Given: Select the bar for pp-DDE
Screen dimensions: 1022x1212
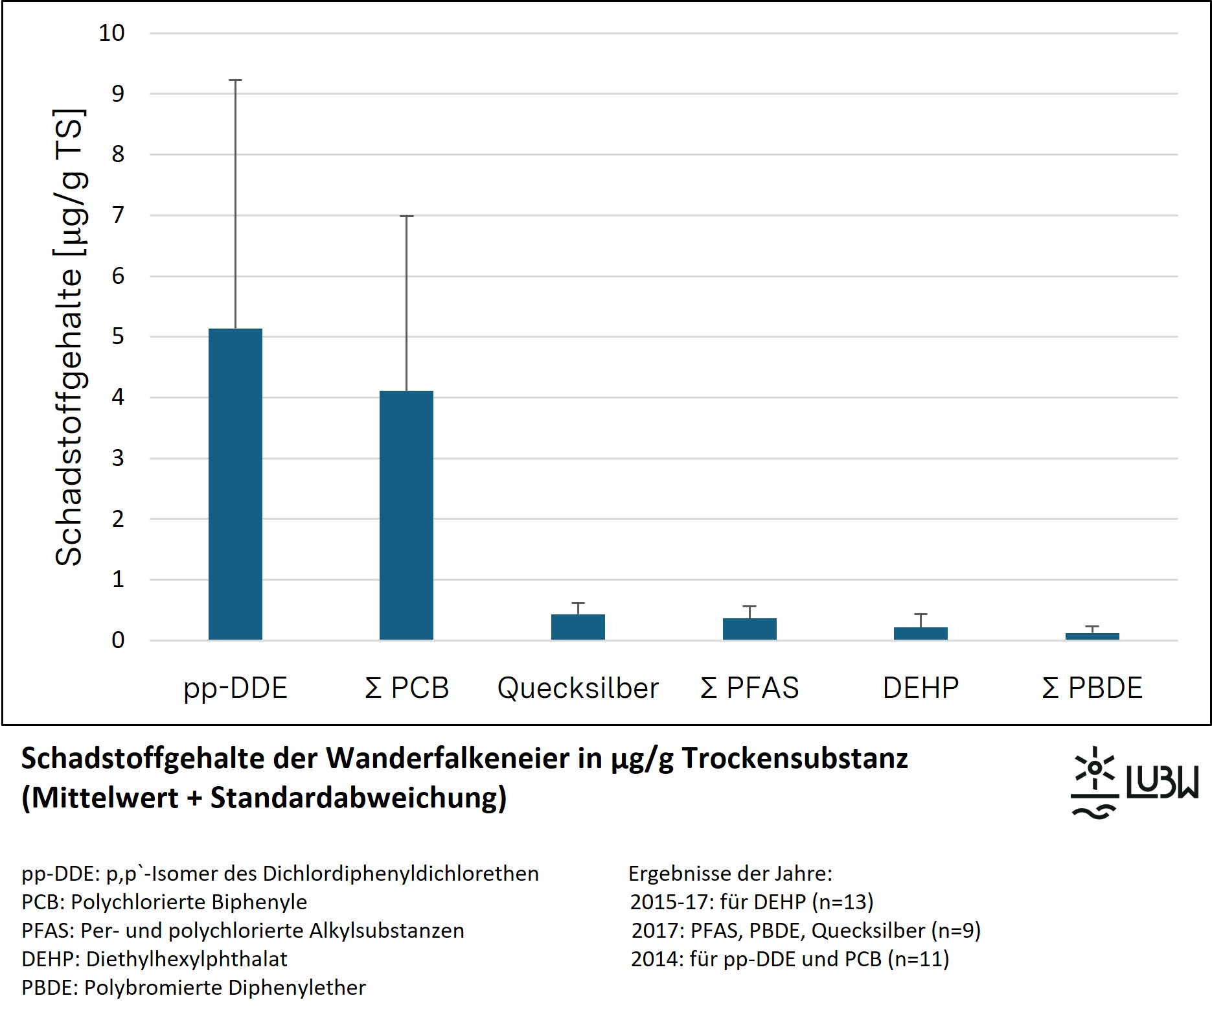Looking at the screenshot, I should (x=235, y=484).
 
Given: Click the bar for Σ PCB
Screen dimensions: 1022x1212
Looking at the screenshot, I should (x=406, y=515).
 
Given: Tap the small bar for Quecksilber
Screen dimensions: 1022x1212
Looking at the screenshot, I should (x=578, y=627).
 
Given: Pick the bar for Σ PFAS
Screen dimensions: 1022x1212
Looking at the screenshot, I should (x=749, y=629).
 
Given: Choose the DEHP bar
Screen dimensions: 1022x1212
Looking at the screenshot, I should (x=920, y=633).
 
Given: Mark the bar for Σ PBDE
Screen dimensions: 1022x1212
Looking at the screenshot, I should (x=1092, y=636).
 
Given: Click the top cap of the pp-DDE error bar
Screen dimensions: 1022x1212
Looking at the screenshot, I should (x=235, y=80).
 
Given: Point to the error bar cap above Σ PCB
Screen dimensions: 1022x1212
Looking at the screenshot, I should (x=406, y=216).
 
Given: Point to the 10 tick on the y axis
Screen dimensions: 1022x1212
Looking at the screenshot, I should (x=111, y=33).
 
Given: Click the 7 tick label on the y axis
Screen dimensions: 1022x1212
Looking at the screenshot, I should (x=117, y=215).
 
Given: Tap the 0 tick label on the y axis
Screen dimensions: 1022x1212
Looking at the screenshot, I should (x=117, y=640).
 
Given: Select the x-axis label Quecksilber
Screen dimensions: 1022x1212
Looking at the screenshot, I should (x=578, y=688).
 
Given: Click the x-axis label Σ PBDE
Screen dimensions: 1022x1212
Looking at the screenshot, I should (x=1092, y=688).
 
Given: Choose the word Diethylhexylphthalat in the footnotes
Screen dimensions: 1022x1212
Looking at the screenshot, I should (x=187, y=959).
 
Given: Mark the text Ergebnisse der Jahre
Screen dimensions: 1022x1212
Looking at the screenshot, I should (x=730, y=874).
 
